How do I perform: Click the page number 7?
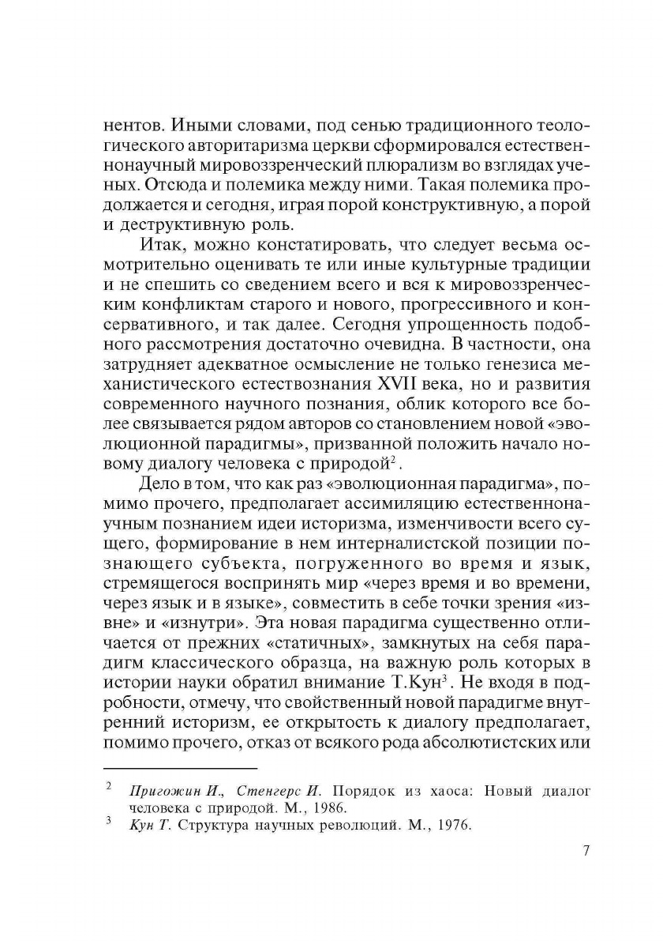point(585,851)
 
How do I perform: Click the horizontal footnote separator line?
point(181,768)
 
